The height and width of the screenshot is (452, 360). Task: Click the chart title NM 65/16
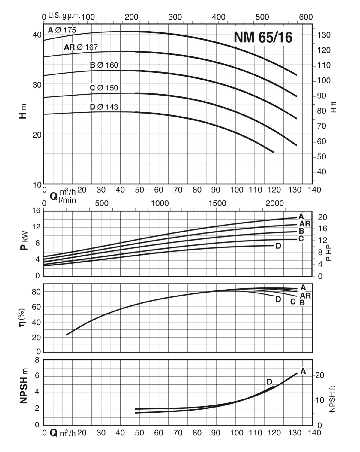[263, 38]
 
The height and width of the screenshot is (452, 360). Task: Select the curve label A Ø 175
[62, 30]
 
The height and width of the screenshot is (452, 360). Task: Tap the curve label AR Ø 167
[81, 47]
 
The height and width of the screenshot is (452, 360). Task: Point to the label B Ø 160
[104, 65]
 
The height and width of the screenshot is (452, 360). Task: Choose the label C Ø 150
[104, 88]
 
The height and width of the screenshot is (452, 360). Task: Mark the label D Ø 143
[104, 107]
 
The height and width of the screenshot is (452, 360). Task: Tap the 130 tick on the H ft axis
[324, 35]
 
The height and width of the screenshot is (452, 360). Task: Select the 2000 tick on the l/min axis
[274, 203]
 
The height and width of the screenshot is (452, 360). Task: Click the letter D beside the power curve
[278, 246]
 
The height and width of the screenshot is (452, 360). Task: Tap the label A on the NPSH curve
[303, 371]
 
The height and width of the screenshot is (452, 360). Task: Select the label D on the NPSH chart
[269, 382]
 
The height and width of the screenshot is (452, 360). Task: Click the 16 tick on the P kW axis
[36, 211]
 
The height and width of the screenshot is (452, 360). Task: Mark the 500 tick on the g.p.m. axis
[262, 17]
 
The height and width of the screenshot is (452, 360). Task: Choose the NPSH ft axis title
[332, 399]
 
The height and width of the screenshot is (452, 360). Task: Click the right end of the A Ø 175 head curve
[296, 75]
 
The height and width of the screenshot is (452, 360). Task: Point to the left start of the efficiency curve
[67, 335]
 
